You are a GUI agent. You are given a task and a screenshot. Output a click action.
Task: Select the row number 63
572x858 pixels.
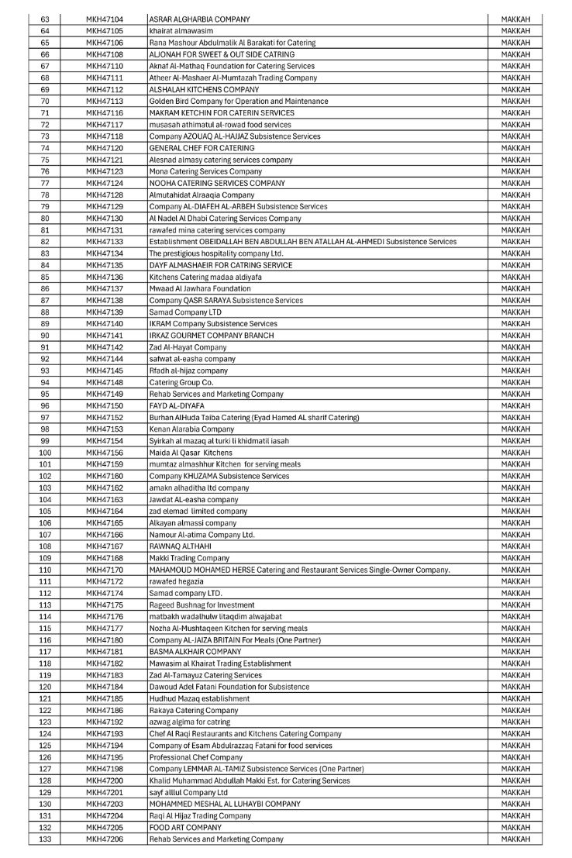pyautogui.click(x=45, y=19)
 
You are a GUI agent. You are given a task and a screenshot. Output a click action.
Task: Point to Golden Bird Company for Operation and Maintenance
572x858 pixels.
pyautogui.click(x=238, y=101)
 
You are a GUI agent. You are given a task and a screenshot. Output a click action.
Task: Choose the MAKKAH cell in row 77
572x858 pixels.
pyautogui.click(x=515, y=183)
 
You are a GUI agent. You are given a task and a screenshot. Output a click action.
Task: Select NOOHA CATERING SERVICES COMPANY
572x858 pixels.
pyautogui.click(x=216, y=183)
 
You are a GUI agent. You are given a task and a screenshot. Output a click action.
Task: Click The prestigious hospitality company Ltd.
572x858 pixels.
pyautogui.click(x=216, y=253)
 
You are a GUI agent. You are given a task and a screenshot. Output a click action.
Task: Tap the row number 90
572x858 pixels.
pyautogui.click(x=45, y=335)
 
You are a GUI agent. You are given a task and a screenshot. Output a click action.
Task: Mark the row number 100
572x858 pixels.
pyautogui.click(x=45, y=452)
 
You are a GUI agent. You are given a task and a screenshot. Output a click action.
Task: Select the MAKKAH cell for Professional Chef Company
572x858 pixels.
pyautogui.click(x=515, y=756)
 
